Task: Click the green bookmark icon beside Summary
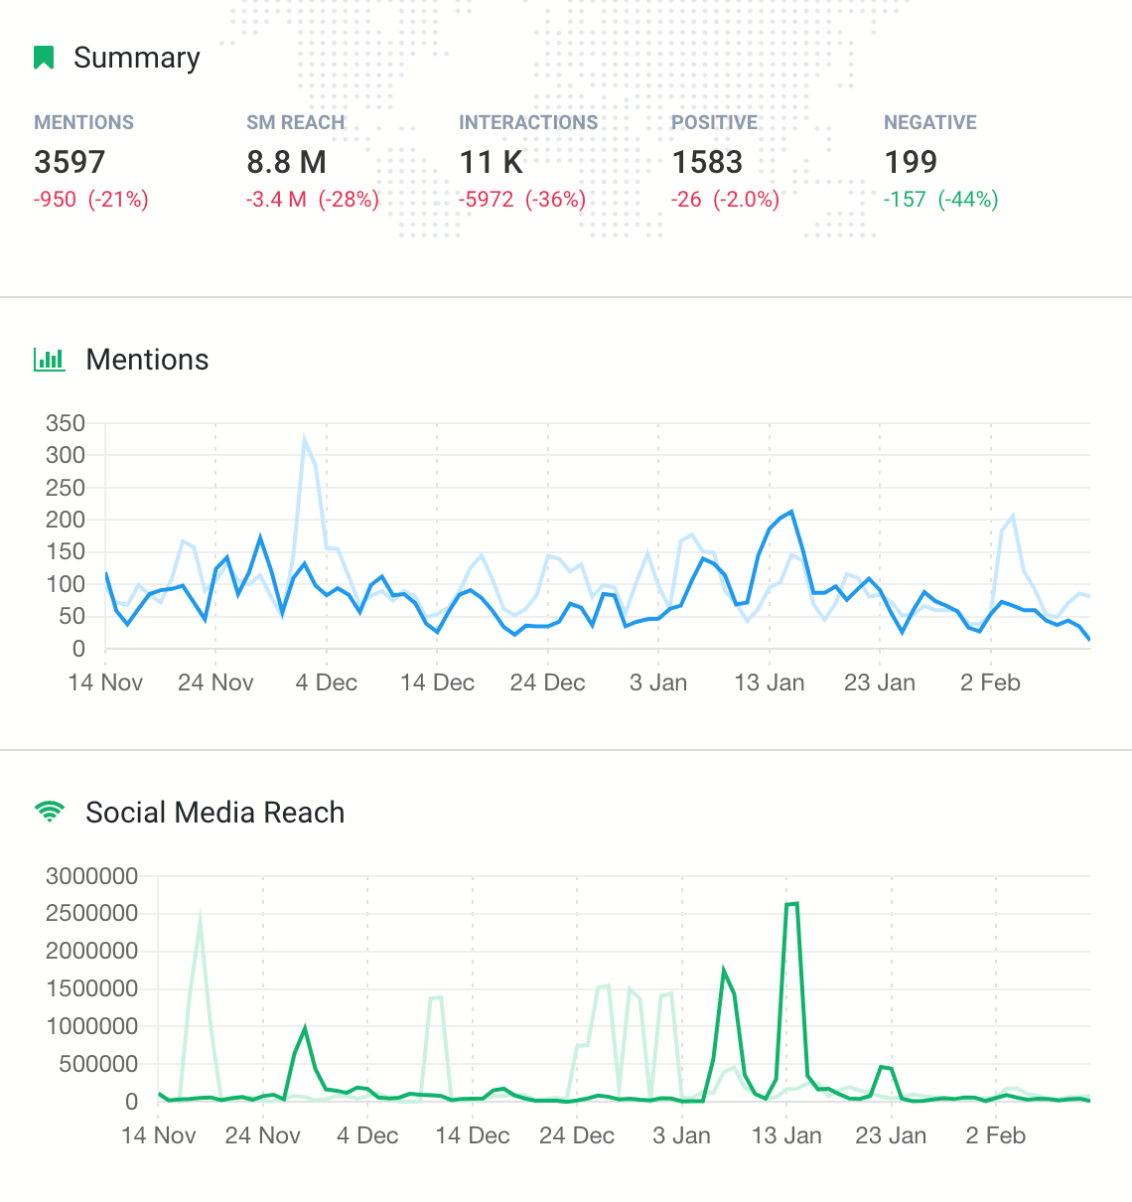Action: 44,58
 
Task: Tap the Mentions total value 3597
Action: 70,162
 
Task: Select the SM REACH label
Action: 295,122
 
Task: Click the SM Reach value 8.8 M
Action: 286,162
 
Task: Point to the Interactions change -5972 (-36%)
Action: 521,200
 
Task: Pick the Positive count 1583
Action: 707,162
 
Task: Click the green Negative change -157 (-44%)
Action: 940,200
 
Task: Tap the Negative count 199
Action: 910,162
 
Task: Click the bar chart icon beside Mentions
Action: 50,360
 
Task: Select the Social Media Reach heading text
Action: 214,813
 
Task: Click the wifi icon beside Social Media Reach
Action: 49,813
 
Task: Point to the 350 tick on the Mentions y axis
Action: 66,423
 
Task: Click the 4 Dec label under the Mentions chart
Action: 326,682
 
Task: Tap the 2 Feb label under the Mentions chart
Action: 989,682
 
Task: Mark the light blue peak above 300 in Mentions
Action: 305,438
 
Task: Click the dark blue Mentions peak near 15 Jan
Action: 790,512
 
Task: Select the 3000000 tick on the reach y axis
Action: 91,876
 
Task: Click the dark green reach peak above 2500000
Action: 791,904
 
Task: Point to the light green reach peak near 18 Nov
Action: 201,919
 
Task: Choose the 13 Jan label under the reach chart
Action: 786,1135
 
